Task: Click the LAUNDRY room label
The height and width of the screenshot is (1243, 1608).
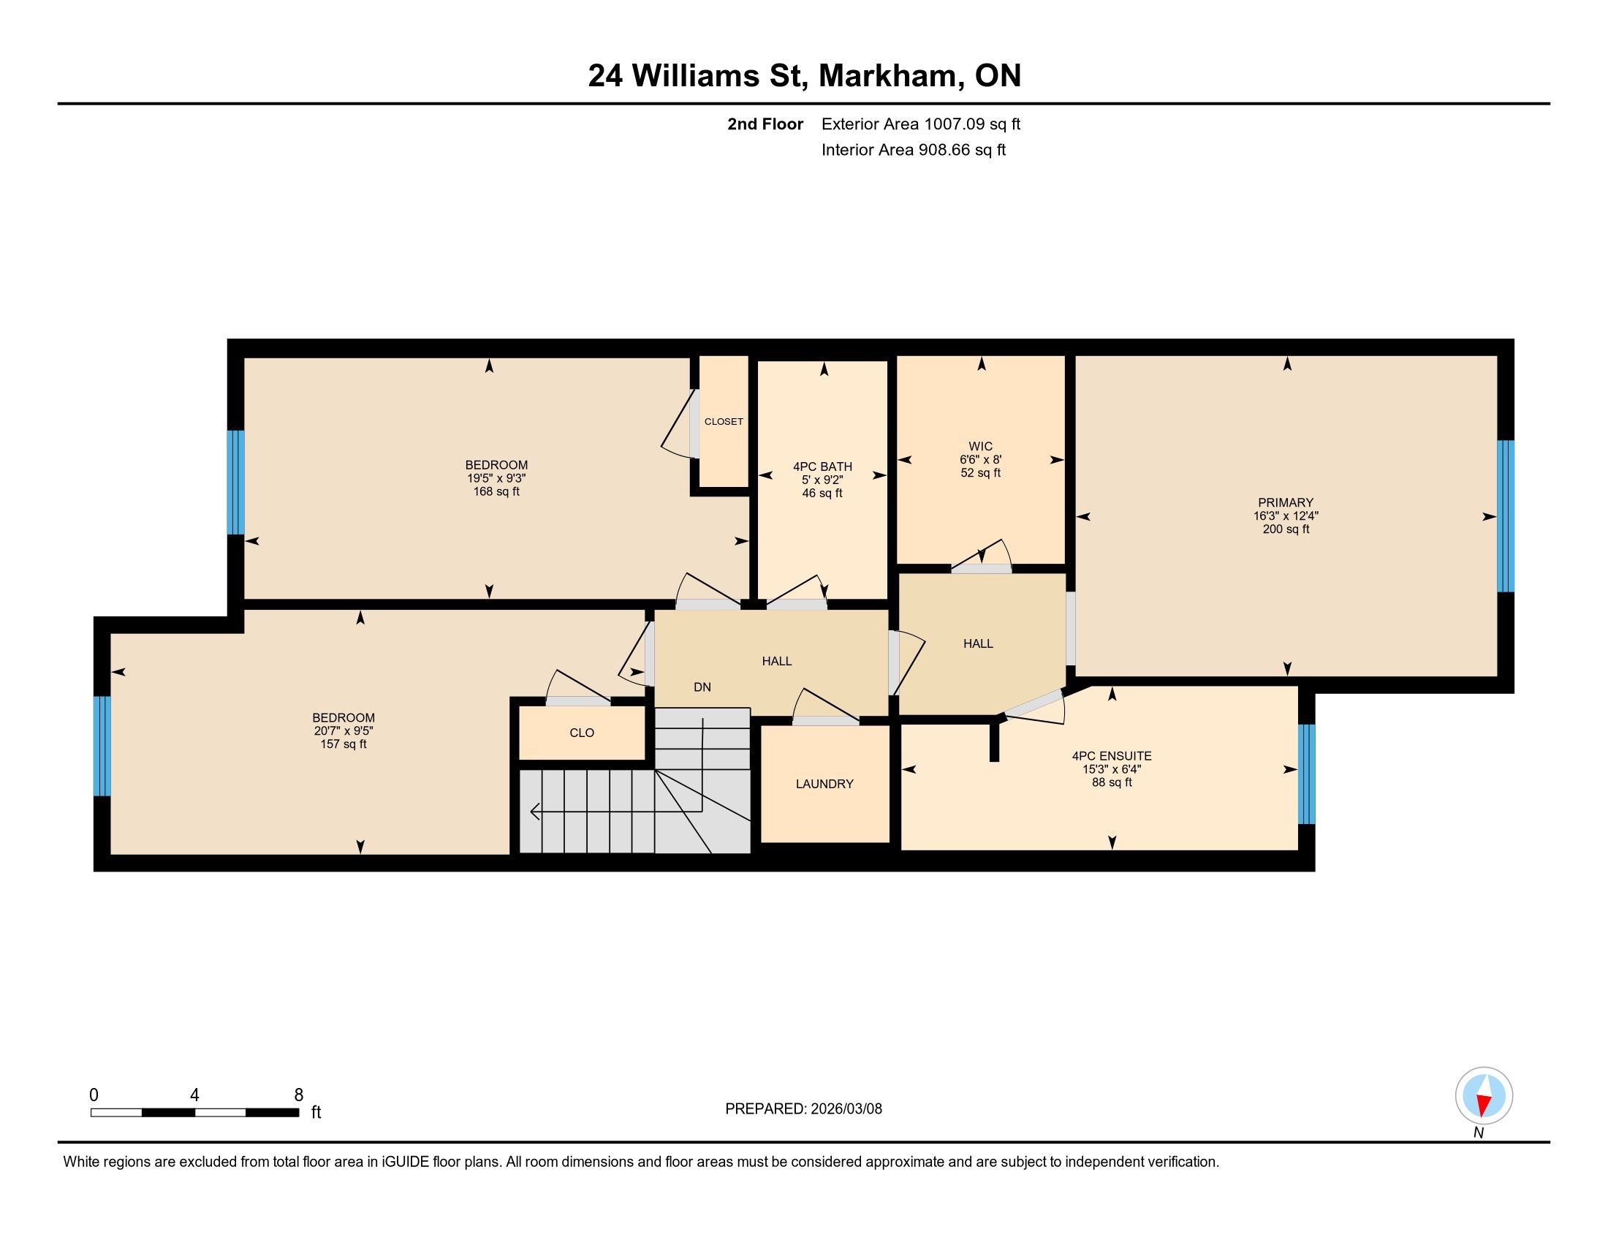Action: [824, 785]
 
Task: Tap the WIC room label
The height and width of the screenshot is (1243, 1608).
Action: [980, 446]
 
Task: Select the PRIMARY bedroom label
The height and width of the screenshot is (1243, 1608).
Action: [1286, 503]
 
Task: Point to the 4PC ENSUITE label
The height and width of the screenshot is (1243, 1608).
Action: [1112, 755]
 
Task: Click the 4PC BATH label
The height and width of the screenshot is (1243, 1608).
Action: [822, 466]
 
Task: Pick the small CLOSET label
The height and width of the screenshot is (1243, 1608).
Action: [724, 422]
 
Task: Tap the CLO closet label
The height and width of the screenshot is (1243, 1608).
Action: [582, 733]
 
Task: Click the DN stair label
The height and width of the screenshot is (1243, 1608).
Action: [702, 687]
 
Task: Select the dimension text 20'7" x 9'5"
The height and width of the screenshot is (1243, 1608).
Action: [343, 730]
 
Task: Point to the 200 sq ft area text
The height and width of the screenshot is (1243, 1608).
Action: [1286, 529]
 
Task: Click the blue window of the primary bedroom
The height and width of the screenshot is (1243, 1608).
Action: [1506, 516]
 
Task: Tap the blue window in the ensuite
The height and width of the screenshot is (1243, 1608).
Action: [1306, 774]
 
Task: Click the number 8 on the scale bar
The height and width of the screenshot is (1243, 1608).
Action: [298, 1095]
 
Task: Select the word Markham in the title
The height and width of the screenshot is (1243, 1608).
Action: [892, 75]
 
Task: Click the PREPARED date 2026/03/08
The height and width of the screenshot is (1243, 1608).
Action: [845, 1109]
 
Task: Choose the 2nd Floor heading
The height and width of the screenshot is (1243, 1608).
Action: [765, 124]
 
